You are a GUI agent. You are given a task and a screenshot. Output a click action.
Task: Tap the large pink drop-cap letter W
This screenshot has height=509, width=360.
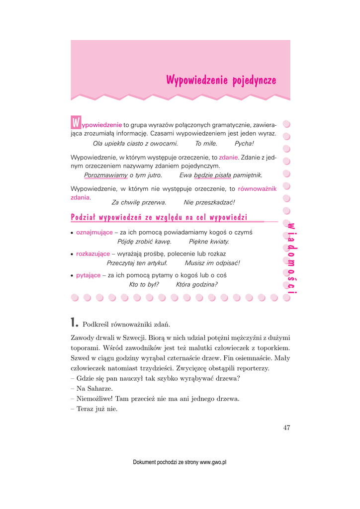tap(76, 122)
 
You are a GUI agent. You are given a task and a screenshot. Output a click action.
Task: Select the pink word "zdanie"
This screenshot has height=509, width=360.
tap(229, 158)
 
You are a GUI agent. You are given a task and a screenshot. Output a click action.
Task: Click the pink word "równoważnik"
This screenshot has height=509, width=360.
tap(258, 189)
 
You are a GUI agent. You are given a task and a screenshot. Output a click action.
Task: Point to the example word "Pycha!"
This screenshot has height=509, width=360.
tap(244, 144)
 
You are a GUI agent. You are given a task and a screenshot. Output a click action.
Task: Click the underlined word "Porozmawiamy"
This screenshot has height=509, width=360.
tap(106, 175)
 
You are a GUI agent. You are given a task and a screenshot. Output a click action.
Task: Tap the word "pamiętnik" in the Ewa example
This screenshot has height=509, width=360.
tap(248, 175)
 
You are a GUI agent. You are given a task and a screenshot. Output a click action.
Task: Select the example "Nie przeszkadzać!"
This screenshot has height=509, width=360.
tap(209, 203)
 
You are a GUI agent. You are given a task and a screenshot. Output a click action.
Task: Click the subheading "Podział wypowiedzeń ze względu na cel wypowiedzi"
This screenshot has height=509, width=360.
tap(159, 217)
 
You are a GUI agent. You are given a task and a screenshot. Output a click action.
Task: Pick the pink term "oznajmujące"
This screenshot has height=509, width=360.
tap(94, 232)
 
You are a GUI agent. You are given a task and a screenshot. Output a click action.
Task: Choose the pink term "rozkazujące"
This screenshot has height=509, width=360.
tap(93, 254)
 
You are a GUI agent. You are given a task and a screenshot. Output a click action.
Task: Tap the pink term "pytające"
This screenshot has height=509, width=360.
tap(88, 275)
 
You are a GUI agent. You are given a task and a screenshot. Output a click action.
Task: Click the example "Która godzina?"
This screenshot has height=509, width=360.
tap(197, 285)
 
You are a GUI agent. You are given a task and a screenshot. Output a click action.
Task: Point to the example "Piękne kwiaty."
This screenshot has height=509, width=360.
tap(209, 242)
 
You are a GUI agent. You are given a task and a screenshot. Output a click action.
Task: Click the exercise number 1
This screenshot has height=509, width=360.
tap(74, 324)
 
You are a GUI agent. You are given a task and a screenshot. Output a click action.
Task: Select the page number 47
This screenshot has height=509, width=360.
tap(286, 428)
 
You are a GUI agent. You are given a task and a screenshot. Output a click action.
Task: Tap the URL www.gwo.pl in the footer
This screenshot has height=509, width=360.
tap(213, 462)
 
